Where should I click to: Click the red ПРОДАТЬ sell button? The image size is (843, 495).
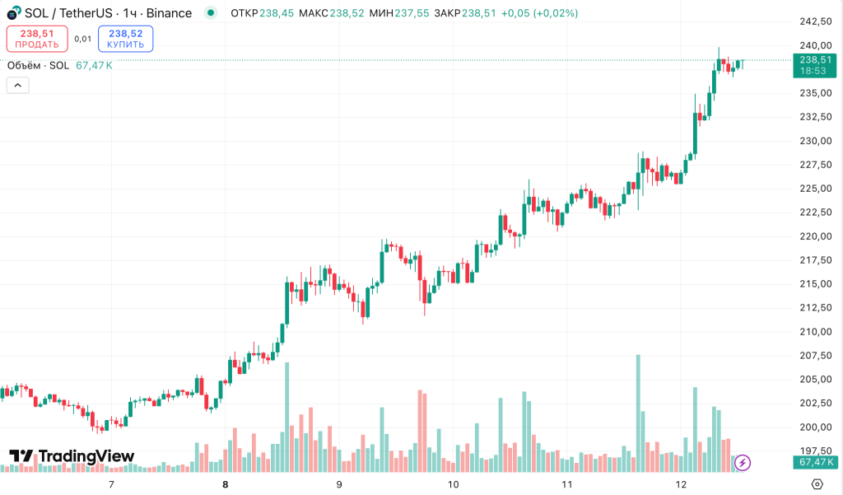[37, 38]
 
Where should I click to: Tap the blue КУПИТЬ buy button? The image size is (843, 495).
[125, 38]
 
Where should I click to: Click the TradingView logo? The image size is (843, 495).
[72, 456]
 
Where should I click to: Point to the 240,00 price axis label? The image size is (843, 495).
[813, 45]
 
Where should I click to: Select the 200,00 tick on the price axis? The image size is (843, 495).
[813, 427]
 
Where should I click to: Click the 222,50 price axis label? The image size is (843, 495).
[813, 212]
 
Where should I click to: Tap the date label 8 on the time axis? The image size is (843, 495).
[225, 484]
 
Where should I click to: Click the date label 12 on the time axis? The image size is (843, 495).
[681, 484]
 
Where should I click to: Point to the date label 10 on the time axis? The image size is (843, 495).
[453, 484]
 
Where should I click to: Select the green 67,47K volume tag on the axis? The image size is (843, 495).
[813, 463]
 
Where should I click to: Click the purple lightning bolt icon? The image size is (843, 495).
[743, 463]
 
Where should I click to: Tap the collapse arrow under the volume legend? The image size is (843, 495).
[18, 84]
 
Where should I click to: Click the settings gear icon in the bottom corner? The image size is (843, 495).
[817, 483]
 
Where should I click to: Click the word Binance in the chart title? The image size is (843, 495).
[169, 13]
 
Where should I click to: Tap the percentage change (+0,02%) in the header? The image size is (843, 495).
[556, 13]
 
